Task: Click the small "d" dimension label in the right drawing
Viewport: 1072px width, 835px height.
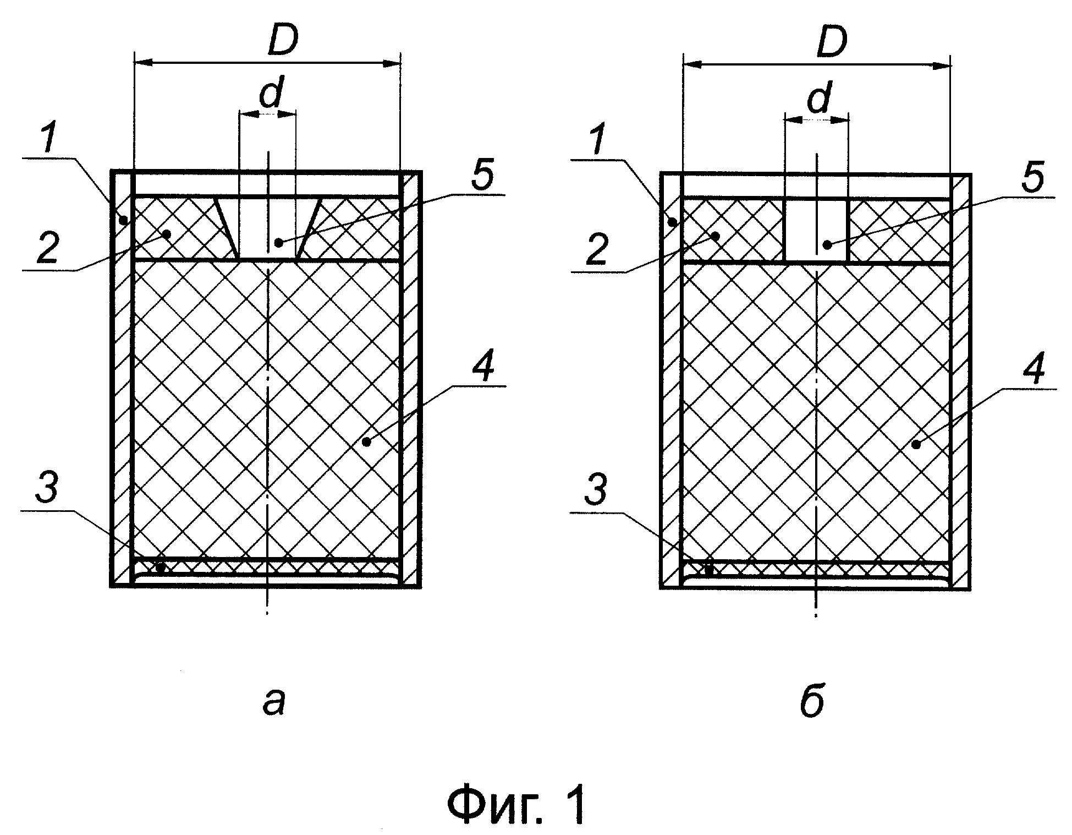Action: pyautogui.click(x=820, y=98)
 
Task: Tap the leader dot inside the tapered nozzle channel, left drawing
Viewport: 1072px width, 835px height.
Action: pyautogui.click(x=279, y=241)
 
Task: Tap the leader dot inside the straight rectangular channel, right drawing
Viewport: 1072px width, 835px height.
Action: pyautogui.click(x=826, y=244)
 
